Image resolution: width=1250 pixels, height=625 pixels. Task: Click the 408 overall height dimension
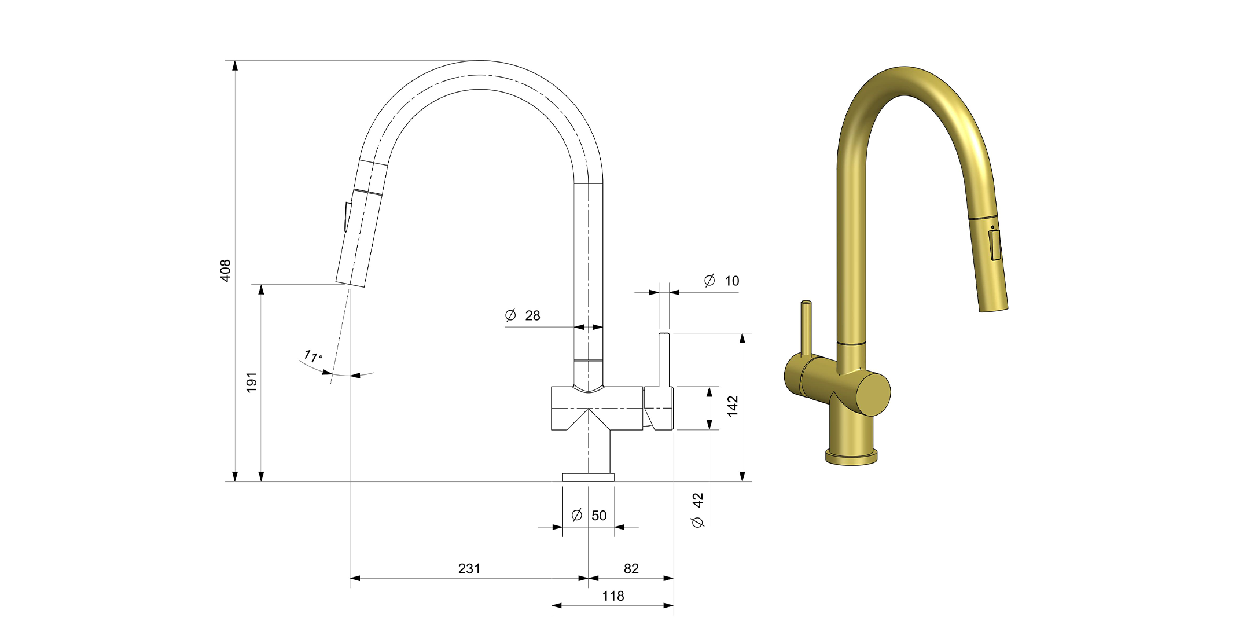point(225,271)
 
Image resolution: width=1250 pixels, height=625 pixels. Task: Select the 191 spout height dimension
point(252,383)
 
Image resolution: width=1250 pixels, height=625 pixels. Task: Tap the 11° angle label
point(313,356)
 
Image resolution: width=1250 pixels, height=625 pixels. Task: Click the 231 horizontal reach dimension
point(469,569)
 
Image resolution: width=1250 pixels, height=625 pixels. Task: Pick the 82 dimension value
point(631,569)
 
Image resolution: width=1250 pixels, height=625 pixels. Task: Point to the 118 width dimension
point(613,596)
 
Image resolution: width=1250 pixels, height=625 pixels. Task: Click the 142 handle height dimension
point(733,406)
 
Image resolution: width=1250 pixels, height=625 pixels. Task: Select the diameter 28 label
point(523,315)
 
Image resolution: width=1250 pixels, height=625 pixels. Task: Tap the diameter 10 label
point(722,281)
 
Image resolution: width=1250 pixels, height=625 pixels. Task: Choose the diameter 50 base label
point(589,515)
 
